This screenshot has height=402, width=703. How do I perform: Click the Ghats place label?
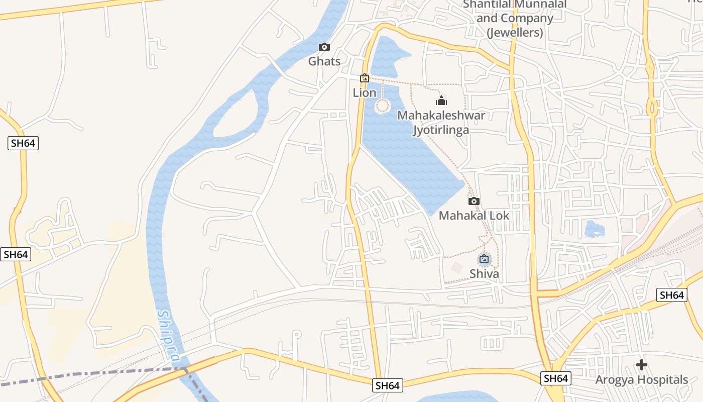[x=324, y=61]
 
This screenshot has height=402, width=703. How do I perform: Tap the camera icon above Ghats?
[x=324, y=47]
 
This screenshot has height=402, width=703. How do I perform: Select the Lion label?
[x=365, y=93]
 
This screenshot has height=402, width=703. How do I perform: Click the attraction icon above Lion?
[x=365, y=78]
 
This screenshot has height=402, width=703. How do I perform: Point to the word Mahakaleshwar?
[x=441, y=116]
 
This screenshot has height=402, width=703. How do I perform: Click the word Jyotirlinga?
[x=441, y=130]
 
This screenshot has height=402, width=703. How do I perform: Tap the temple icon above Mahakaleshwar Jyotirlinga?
[x=441, y=100]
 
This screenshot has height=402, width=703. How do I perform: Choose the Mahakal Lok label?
[x=474, y=216]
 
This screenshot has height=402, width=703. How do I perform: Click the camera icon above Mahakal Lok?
[x=474, y=202]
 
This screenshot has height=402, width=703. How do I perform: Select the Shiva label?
[x=484, y=274]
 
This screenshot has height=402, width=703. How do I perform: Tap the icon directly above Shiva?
[x=484, y=259]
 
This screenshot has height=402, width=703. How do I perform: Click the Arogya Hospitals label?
[x=641, y=380]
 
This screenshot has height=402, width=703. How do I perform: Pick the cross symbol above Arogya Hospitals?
[x=641, y=365]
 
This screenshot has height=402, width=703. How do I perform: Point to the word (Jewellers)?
[x=515, y=33]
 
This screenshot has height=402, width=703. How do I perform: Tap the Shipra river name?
[x=169, y=336]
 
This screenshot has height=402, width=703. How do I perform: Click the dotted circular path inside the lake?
[x=383, y=106]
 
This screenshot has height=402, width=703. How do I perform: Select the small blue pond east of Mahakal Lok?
[x=595, y=229]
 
